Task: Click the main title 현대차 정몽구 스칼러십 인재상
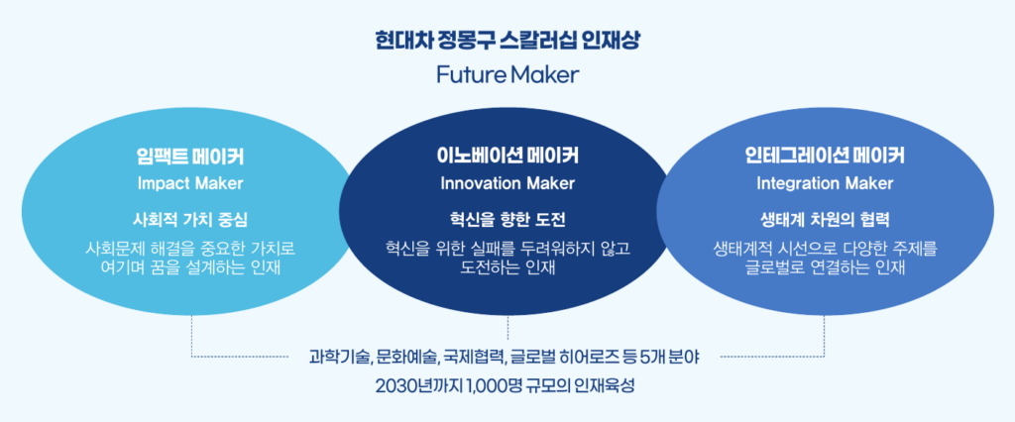(507, 43)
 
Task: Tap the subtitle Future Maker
(507, 75)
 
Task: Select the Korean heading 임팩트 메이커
(190, 156)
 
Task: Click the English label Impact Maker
(190, 183)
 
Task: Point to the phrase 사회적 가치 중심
(190, 220)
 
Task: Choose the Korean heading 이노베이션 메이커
(507, 156)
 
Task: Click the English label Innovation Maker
(507, 183)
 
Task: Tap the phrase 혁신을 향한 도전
(507, 220)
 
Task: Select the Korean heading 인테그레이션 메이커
(825, 156)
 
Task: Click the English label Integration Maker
(825, 183)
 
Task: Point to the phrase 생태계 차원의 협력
(825, 220)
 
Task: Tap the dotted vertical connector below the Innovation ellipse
(508, 329)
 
